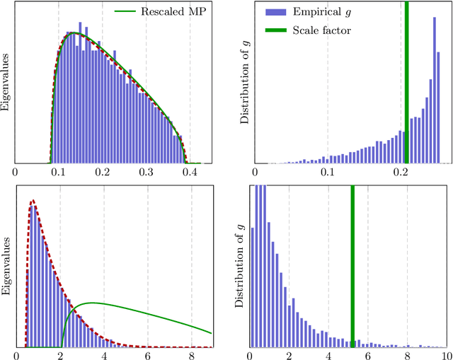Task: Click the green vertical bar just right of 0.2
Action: pos(406,85)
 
